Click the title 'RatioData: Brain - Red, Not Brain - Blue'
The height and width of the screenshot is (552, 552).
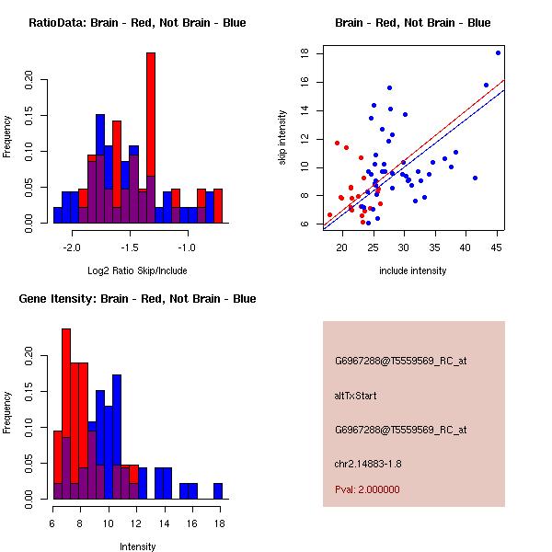[137, 23]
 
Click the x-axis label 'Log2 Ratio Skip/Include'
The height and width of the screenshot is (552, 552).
[137, 270]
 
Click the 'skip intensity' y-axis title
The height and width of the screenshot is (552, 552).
[283, 138]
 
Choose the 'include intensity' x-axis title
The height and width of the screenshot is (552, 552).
[412, 270]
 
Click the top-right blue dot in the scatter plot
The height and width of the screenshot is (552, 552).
[498, 52]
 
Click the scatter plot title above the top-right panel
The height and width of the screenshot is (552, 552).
[412, 23]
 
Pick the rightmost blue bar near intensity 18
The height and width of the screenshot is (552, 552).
[218, 490]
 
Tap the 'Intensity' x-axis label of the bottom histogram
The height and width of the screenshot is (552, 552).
[137, 546]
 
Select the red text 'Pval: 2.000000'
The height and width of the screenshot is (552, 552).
[367, 489]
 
